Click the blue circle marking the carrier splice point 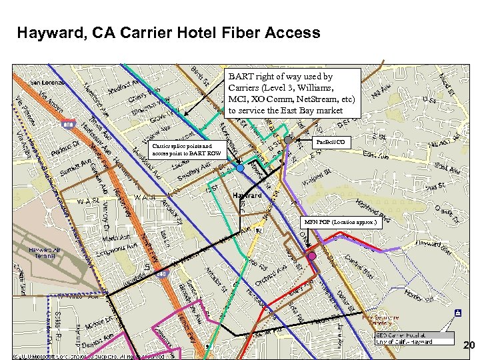pyautogui.click(x=240, y=169)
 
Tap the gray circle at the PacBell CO pyautogui.click(x=289, y=141)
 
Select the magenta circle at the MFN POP pyautogui.click(x=311, y=256)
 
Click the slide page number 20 pyautogui.click(x=469, y=345)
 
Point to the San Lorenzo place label pyautogui.click(x=46, y=82)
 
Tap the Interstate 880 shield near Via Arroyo pyautogui.click(x=67, y=124)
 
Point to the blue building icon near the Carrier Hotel pyautogui.click(x=457, y=312)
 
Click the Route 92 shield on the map pyautogui.click(x=258, y=230)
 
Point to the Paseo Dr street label pyautogui.click(x=67, y=145)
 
